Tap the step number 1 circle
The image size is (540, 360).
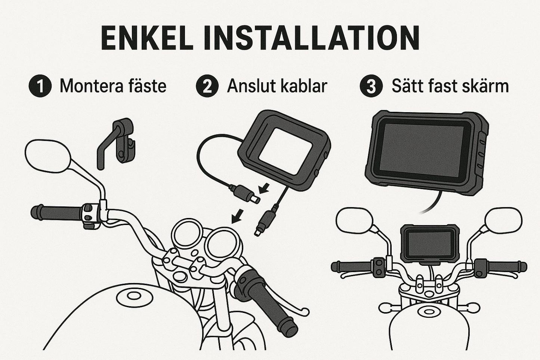coord(40,86)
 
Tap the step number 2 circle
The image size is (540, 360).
coord(207,86)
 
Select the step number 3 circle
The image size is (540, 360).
coord(371,86)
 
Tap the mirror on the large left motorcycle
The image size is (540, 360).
coord(47,156)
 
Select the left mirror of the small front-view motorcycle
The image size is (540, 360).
coord(354,220)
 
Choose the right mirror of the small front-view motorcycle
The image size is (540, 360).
coord(503,220)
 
